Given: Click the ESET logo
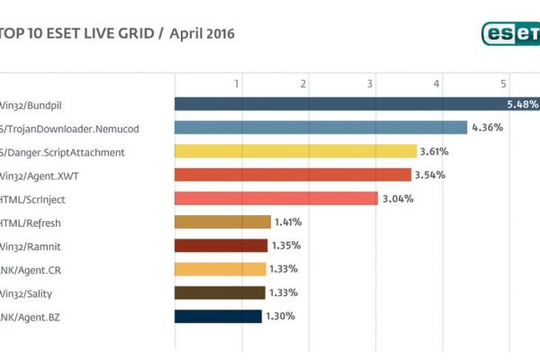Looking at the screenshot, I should (x=509, y=33).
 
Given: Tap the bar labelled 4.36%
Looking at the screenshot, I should (x=320, y=128).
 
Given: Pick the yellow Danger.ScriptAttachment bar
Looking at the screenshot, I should (x=295, y=151).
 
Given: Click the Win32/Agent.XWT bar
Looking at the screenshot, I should (x=292, y=175).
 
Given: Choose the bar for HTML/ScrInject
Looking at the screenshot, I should (x=275, y=198).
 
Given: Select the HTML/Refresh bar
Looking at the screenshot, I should (x=222, y=222).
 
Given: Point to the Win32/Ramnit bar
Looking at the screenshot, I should (x=220, y=246).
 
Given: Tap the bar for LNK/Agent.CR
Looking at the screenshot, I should (x=220, y=269).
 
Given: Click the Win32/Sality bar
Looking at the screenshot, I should (x=220, y=292).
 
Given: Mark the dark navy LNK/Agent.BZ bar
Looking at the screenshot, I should (x=218, y=316).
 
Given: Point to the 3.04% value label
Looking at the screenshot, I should (x=398, y=198).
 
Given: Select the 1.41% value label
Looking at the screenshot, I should (x=288, y=222).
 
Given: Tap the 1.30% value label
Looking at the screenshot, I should (x=280, y=316).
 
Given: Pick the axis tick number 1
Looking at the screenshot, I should (x=238, y=84).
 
